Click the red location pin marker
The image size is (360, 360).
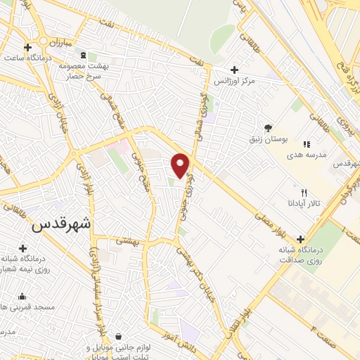tap(181, 165)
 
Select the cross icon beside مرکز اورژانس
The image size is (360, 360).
tap(235, 70)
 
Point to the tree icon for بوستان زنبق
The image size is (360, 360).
tap(268, 127)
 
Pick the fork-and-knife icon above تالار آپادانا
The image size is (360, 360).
tap(304, 192)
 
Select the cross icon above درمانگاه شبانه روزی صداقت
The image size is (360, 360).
tap(302, 238)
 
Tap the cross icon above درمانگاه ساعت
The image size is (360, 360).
tap(27, 48)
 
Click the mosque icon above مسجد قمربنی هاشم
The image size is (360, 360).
tap(23, 296)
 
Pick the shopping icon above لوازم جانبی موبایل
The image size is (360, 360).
tap(117, 336)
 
